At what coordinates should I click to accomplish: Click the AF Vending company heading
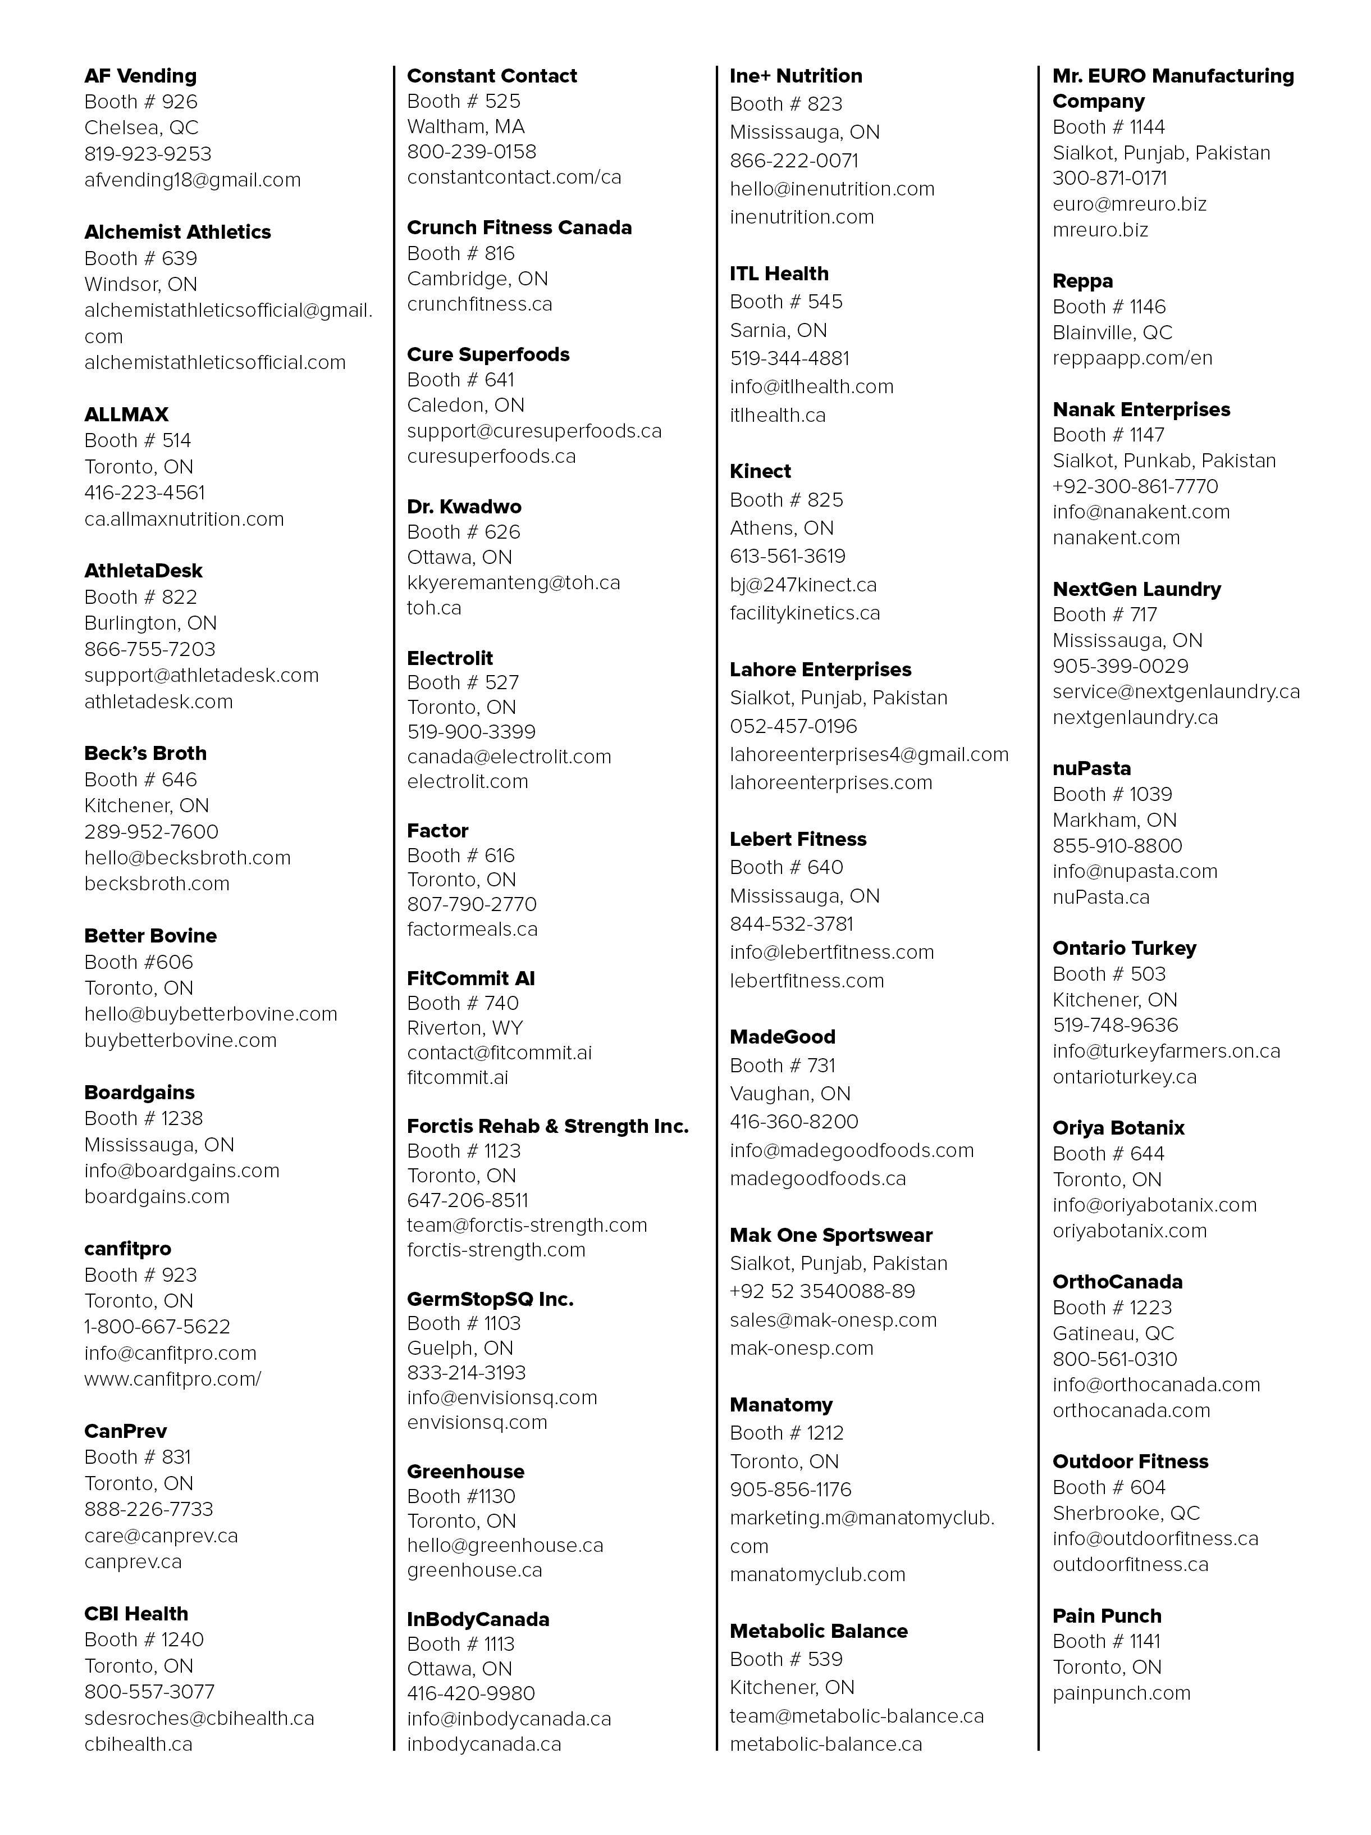[140, 76]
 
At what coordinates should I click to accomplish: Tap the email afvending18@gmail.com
[193, 180]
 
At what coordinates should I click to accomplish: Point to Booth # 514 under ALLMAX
[138, 440]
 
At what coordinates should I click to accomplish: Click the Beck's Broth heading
[145, 753]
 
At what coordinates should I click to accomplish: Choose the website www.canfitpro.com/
[172, 1379]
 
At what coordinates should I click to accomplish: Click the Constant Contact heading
[492, 76]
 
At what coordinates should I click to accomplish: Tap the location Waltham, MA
[465, 127]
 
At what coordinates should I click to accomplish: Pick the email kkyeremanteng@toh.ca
[513, 582]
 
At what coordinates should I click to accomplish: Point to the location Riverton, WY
[464, 1028]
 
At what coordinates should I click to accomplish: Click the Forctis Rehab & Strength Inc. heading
[547, 1126]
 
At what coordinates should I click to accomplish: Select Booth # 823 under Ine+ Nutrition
[785, 104]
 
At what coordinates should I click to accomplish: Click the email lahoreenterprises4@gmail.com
[869, 754]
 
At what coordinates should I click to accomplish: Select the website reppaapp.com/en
[1132, 358]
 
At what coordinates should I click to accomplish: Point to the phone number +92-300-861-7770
[1135, 486]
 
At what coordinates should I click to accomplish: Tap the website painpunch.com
[1121, 1692]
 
